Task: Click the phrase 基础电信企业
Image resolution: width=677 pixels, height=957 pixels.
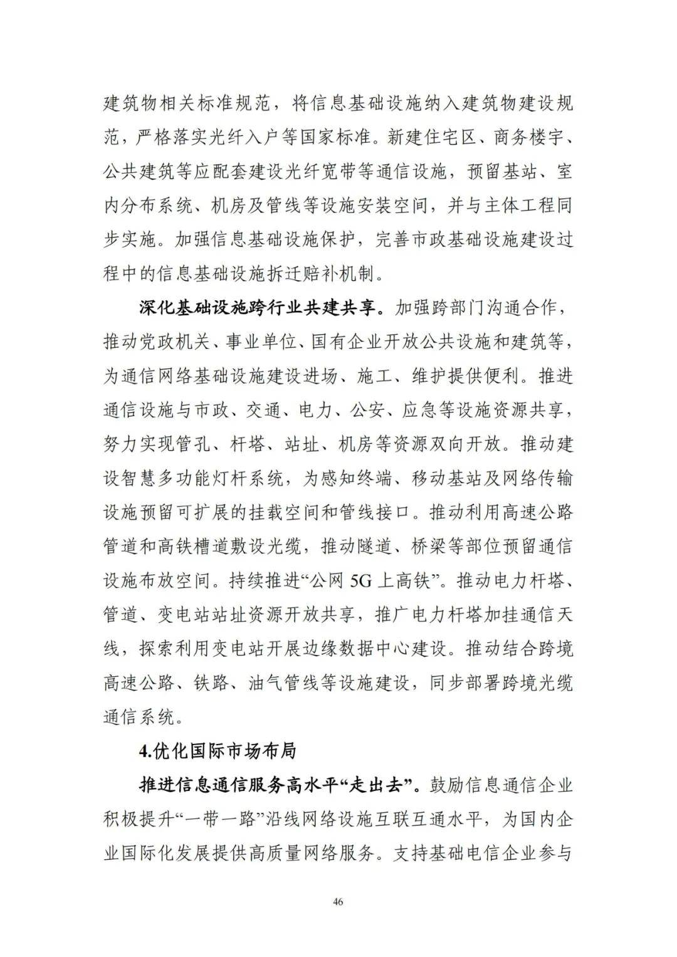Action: pos(482,853)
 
